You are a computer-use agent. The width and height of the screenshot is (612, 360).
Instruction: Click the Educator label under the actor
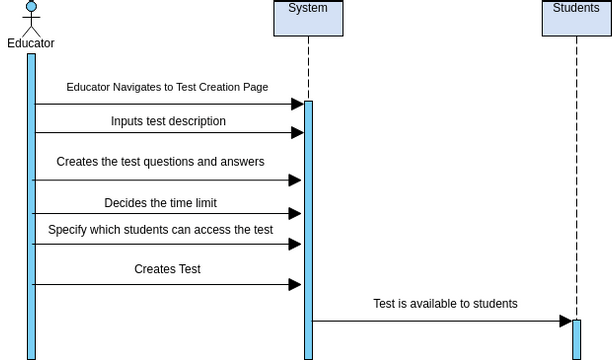point(31,43)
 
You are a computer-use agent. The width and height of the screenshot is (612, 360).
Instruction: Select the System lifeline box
point(308,18)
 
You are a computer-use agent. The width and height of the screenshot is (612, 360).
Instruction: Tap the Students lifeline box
point(576,18)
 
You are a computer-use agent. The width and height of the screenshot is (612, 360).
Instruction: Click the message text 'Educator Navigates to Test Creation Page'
point(167,87)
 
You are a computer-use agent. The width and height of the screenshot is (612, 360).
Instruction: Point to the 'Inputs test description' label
point(168,121)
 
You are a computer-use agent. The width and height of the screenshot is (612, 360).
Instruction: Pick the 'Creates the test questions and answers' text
point(160,161)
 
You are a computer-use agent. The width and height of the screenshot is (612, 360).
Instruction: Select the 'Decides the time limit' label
point(160,203)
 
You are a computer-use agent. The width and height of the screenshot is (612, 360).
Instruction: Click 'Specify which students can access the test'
point(160,229)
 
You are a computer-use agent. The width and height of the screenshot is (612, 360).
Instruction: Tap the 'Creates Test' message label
point(167,269)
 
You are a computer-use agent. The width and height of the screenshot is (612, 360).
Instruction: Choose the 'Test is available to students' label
point(445,304)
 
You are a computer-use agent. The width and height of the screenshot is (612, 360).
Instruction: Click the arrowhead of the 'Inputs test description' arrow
point(297,132)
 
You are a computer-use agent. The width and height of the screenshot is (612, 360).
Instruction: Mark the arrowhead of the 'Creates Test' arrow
point(295,284)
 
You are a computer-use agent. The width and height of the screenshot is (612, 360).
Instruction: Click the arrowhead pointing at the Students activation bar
point(565,321)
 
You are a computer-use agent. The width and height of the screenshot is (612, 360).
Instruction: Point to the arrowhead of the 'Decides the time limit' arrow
point(295,213)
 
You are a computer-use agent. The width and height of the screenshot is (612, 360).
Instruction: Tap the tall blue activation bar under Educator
point(31,205)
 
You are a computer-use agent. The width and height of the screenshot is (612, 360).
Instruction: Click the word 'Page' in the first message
point(255,87)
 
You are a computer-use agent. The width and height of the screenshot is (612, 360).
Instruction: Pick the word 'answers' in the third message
point(243,161)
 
